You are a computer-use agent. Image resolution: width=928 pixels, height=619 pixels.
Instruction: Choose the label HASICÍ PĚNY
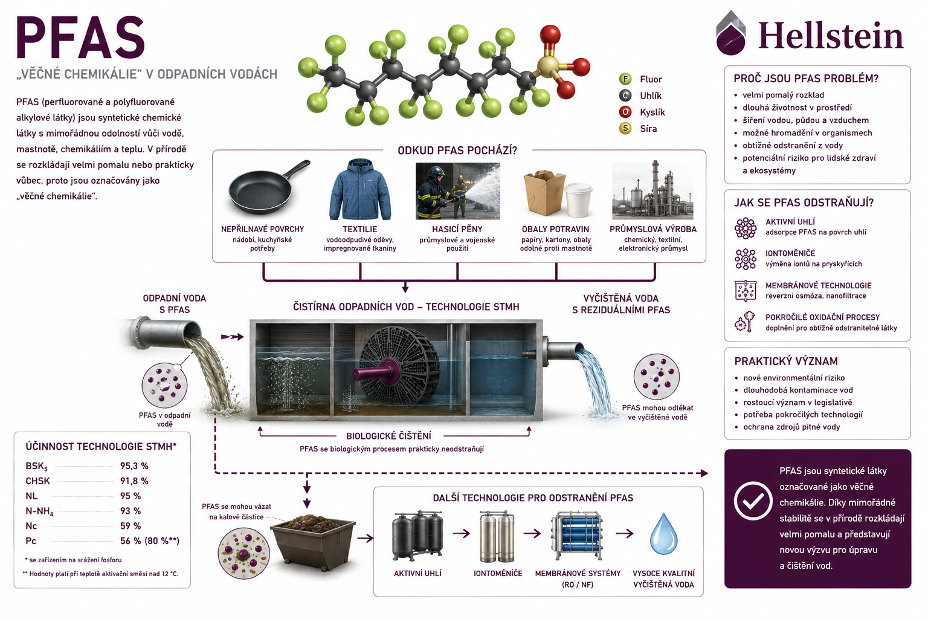coord(457,229)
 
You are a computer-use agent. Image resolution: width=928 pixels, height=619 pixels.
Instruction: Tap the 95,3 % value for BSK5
coord(134,466)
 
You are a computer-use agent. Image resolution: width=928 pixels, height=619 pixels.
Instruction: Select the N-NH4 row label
coord(39,511)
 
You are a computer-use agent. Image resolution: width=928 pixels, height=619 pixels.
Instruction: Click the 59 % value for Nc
coord(130,526)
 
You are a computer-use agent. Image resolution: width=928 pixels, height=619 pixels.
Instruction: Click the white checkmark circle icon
coord(753,501)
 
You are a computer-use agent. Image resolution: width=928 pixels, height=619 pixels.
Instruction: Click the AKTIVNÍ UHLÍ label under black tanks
coord(417,574)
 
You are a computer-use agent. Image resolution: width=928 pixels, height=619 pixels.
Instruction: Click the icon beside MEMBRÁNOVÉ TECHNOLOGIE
coord(746,290)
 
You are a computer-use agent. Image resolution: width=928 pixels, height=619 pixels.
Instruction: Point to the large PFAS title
coord(80,37)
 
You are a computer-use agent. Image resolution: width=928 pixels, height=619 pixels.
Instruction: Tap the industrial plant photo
coord(652,190)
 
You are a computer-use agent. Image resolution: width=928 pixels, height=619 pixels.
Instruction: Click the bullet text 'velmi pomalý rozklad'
coord(783,95)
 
